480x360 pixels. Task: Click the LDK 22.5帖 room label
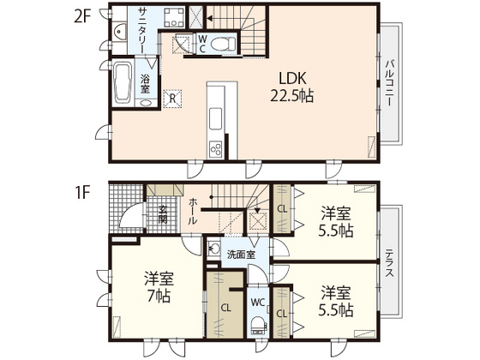pos(292,87)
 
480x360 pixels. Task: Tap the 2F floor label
pos(82,16)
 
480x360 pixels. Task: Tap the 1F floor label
pos(82,193)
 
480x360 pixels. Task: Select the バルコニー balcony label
pos(389,83)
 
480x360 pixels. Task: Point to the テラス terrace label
pos(389,263)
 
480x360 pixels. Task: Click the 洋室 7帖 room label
pos(159,286)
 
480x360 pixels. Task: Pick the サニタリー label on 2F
pos(142,30)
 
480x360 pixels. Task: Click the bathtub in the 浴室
pos(123,82)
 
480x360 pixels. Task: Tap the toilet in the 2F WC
pos(224,44)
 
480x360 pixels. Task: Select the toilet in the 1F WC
pos(259,326)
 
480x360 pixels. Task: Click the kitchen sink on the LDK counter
pos(215,118)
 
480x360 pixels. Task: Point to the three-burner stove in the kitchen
pos(215,149)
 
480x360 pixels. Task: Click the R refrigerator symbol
pos(172,99)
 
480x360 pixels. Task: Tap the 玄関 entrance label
pos(163,215)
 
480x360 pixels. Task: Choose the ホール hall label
pos(193,211)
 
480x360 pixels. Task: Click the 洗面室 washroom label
pos(241,255)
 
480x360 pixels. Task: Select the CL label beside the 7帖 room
pos(226,308)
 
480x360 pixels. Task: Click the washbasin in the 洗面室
pos(214,249)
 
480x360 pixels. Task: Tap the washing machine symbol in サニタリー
pos(174,17)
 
